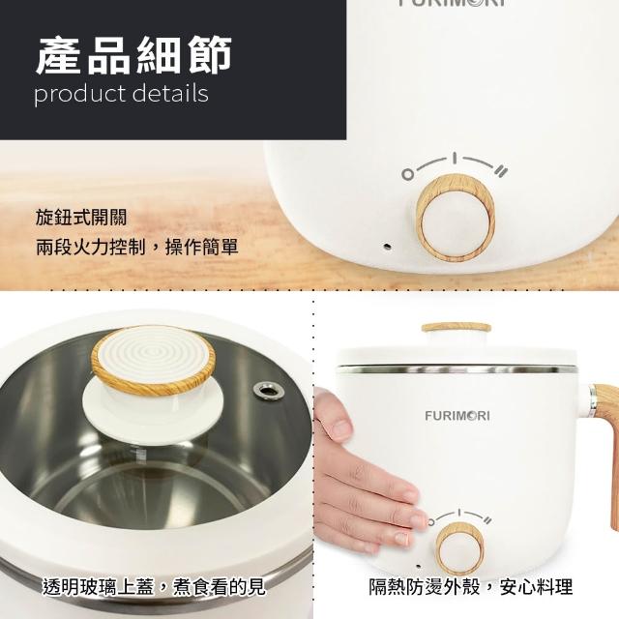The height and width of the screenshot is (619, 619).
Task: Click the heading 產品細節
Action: tap(133, 55)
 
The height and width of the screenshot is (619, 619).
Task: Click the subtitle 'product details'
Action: tap(121, 95)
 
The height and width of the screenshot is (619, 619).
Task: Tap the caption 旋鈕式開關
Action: tap(81, 218)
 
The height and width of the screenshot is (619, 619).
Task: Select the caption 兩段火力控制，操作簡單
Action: tap(137, 248)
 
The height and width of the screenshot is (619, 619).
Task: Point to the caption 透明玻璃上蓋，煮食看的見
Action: tap(154, 587)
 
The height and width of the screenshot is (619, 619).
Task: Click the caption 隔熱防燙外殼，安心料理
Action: tap(471, 587)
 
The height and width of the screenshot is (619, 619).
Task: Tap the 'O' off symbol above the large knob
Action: tap(408, 174)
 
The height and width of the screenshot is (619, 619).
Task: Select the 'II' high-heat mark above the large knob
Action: tap(501, 171)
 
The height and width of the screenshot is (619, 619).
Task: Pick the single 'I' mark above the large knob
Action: tap(455, 158)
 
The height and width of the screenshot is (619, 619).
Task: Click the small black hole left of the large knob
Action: tap(388, 247)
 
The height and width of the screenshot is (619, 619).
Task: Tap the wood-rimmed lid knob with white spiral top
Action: tap(154, 360)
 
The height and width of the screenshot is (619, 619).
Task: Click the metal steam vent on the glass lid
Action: tap(270, 390)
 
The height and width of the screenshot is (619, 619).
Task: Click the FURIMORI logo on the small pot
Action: tap(457, 416)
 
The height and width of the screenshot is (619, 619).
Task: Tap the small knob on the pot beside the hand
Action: tap(460, 548)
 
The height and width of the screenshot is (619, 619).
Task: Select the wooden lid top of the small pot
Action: tap(456, 328)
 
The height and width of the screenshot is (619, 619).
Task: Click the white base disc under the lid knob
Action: tap(153, 406)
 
